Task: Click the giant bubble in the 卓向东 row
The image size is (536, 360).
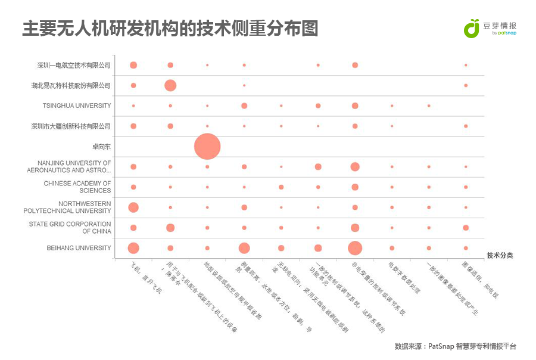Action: [x=207, y=146]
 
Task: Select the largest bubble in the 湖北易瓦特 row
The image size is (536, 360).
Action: [x=170, y=85]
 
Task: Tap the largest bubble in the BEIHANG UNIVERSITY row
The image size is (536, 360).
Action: [x=355, y=248]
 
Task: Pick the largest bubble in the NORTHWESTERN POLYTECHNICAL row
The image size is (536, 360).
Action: [x=133, y=207]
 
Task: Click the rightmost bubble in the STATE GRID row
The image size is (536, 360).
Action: [x=466, y=228]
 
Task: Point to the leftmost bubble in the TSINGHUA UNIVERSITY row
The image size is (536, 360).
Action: [x=133, y=105]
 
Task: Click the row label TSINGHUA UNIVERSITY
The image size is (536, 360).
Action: [x=77, y=105]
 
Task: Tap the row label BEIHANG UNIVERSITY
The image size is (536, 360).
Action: [x=79, y=248]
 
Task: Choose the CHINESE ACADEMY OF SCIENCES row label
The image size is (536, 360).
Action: [x=77, y=187]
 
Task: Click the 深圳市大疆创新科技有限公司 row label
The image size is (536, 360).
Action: [x=71, y=126]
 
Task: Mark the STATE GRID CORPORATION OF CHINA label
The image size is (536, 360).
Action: [x=70, y=228]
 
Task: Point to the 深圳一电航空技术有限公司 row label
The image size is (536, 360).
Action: [x=74, y=65]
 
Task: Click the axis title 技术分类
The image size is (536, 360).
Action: [x=499, y=255]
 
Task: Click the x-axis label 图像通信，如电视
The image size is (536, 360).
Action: [x=479, y=279]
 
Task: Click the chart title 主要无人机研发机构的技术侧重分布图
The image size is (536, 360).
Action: [x=170, y=28]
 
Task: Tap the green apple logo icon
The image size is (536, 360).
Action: [x=472, y=28]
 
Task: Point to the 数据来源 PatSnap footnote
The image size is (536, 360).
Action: [x=455, y=346]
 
